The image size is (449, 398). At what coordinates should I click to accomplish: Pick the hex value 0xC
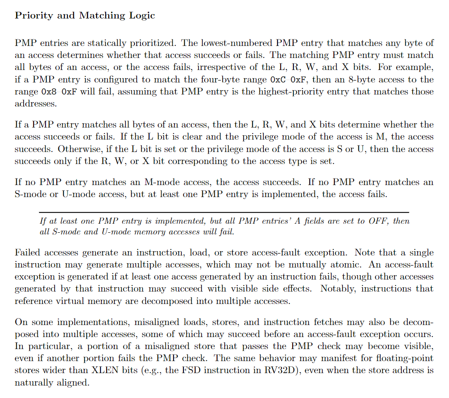[x=281, y=79]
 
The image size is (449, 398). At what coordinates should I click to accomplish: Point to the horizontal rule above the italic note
[x=224, y=213]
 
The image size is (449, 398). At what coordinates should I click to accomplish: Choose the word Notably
[x=337, y=289]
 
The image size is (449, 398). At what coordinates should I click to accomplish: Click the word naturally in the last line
[x=33, y=382]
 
